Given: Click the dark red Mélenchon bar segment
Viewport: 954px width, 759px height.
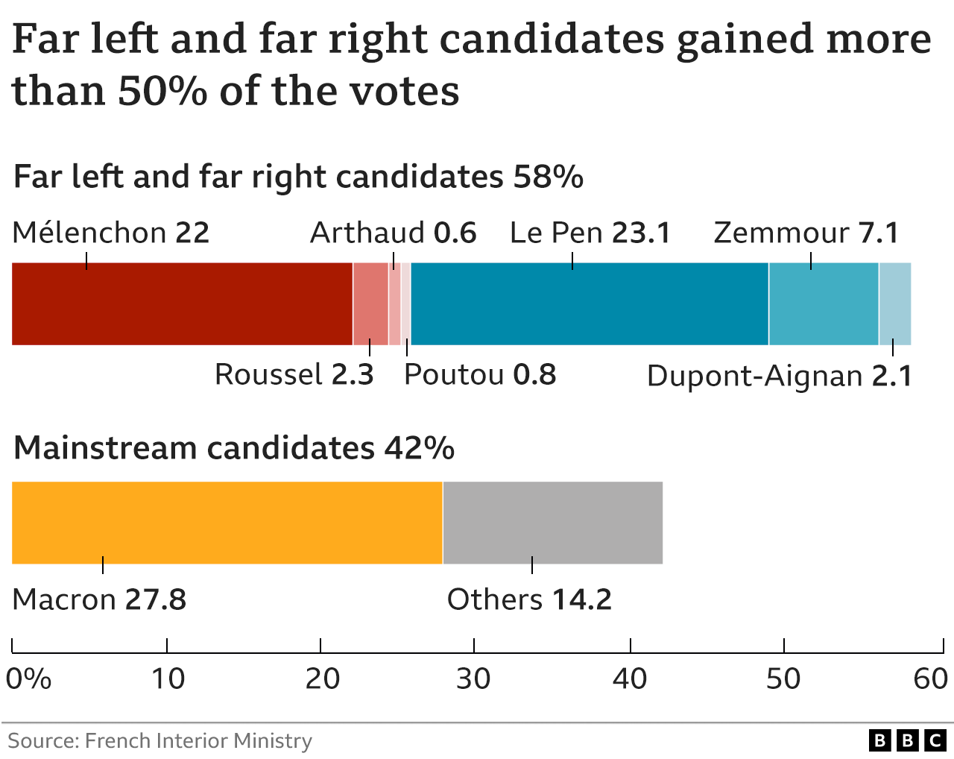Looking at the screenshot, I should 182,303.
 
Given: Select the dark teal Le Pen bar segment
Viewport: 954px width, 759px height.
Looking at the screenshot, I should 589,303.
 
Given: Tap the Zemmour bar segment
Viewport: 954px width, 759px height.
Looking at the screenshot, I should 824,303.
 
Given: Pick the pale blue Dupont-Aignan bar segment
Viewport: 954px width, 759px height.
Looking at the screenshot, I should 895,303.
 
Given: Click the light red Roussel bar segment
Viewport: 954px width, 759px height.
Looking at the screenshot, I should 370,303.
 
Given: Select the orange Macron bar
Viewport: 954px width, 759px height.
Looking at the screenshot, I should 227,523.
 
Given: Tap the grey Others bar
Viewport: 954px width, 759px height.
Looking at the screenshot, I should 552,523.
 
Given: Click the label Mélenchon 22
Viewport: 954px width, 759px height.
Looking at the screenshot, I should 111,233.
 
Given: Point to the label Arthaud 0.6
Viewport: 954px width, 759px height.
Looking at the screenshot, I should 393,233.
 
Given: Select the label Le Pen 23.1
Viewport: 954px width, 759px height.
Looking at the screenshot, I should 590,233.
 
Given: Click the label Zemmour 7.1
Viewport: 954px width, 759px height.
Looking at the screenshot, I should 806,233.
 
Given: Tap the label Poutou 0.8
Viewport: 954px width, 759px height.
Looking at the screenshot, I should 480,375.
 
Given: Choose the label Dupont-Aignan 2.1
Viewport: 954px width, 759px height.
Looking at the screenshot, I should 780,377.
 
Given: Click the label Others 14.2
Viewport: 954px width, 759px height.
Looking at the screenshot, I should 529,600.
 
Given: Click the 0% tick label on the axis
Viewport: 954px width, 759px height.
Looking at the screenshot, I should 29,678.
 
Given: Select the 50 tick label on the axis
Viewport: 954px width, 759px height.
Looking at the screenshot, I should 783,678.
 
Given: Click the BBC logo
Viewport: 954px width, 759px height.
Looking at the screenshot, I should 907,740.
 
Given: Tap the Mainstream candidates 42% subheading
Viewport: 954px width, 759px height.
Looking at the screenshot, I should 234,448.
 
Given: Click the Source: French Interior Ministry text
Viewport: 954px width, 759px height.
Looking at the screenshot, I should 160,740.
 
